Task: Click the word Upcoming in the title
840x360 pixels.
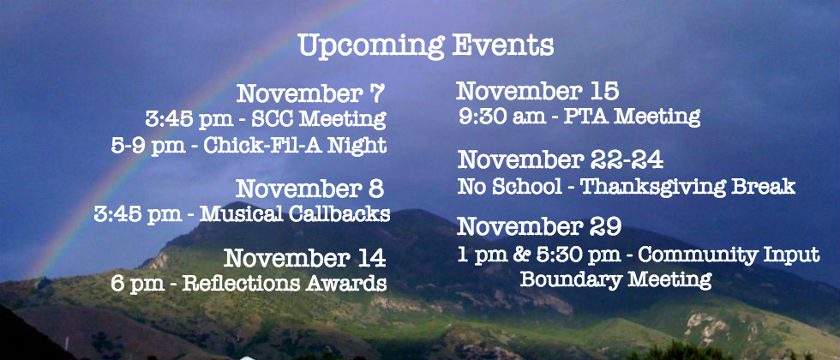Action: pyautogui.click(x=370, y=46)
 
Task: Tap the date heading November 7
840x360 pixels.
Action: pyautogui.click(x=310, y=93)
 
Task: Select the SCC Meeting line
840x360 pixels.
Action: pyautogui.click(x=266, y=119)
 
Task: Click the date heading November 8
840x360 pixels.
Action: pyautogui.click(x=309, y=189)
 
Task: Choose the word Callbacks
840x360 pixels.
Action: pyautogui.click(x=339, y=213)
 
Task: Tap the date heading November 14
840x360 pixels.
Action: pyautogui.click(x=305, y=258)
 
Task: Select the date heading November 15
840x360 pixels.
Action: pyautogui.click(x=537, y=91)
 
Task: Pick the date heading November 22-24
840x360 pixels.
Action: pyautogui.click(x=561, y=159)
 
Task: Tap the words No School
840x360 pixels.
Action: pyautogui.click(x=509, y=187)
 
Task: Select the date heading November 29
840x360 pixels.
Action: pyautogui.click(x=539, y=226)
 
